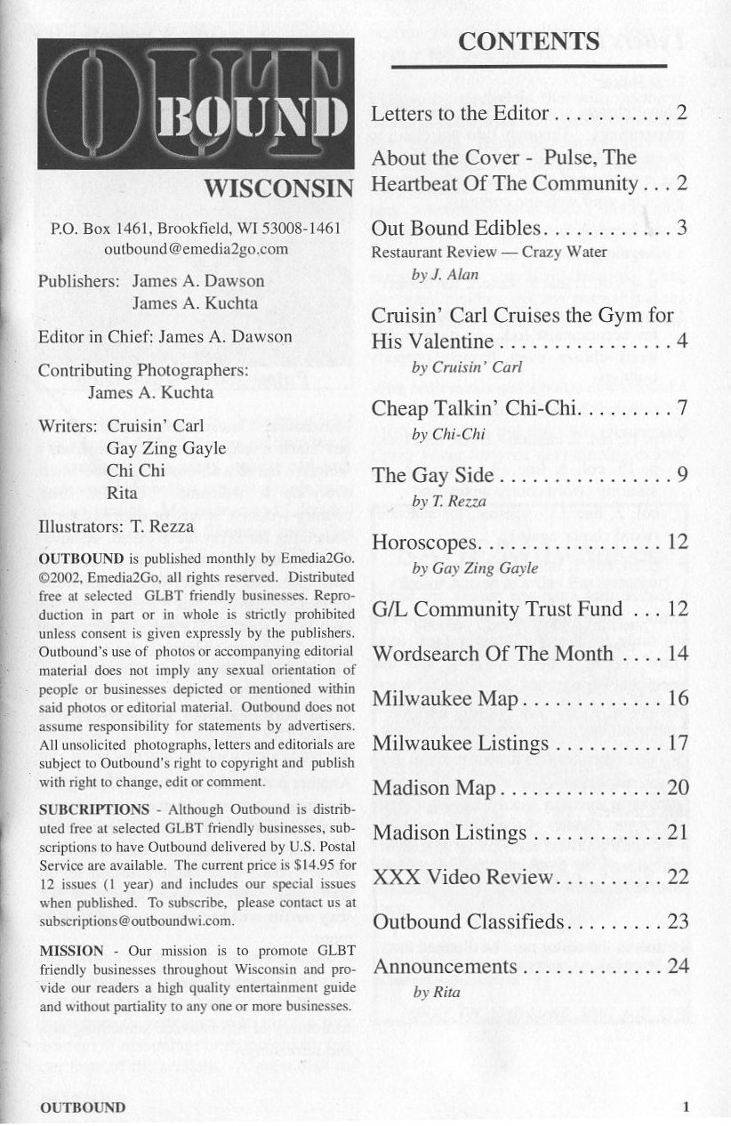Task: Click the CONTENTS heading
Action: (x=528, y=41)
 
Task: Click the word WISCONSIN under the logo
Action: (x=279, y=190)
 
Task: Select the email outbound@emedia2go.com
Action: (x=196, y=249)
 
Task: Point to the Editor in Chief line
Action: (x=165, y=337)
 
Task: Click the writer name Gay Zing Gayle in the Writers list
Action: (x=166, y=447)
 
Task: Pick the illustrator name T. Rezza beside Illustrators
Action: (x=161, y=527)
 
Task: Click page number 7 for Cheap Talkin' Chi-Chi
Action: (x=682, y=409)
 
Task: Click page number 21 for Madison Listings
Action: (x=678, y=832)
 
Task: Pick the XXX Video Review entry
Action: (x=462, y=877)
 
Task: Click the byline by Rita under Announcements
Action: (x=437, y=993)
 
